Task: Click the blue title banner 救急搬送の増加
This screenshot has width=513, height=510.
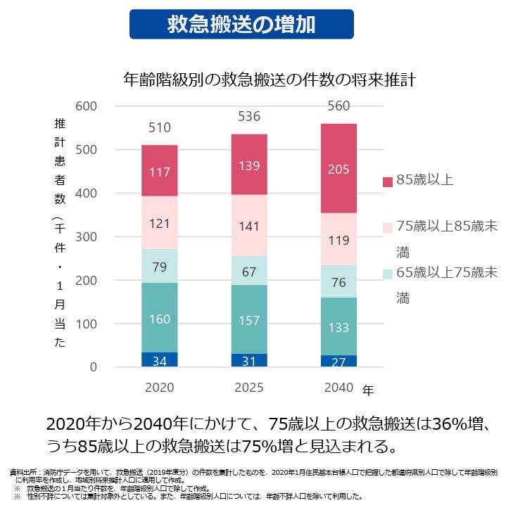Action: [241, 24]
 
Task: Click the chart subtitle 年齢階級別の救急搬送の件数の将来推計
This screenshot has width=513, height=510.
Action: [270, 78]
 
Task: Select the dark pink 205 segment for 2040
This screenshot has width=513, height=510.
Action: [338, 169]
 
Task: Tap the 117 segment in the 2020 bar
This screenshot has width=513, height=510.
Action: [159, 171]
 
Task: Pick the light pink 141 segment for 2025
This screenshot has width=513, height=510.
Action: [248, 226]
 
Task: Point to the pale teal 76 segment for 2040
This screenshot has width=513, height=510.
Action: [338, 281]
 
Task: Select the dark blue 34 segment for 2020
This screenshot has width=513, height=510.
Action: [159, 360]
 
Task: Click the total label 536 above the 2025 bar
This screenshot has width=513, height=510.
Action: [248, 116]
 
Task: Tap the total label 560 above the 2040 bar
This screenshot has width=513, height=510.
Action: [338, 106]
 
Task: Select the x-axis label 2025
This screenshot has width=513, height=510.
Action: [248, 388]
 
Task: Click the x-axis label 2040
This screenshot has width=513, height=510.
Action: [338, 388]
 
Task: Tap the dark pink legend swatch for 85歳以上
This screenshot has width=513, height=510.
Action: [386, 181]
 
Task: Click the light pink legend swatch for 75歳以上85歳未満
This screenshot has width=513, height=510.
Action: [386, 227]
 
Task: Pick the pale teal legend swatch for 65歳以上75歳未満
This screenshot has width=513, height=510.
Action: [386, 274]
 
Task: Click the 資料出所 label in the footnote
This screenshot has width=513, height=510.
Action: [25, 471]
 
